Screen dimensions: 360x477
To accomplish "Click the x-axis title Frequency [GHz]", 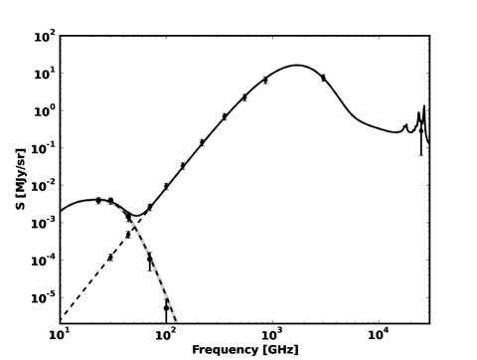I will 244,350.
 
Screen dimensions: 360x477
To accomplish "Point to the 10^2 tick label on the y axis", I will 44,37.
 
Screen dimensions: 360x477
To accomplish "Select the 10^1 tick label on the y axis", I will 44,74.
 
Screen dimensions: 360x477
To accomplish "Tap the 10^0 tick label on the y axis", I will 44,111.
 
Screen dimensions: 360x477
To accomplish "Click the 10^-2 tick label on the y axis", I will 43,186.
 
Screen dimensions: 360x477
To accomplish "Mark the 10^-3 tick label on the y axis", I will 43,223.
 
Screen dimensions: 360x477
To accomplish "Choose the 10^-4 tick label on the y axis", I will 43,261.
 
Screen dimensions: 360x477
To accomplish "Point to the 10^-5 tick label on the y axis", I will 43,297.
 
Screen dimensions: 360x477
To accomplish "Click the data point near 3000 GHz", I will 323,78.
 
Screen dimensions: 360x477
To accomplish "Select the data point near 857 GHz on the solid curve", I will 265,80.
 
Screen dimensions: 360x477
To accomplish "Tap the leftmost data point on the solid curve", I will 98,200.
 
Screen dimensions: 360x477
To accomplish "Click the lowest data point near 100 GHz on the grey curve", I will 166,308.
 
